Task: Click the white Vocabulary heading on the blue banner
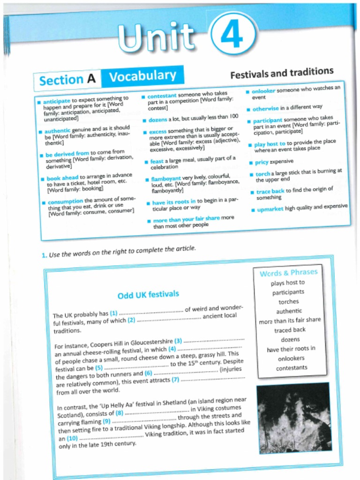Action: point(142,75)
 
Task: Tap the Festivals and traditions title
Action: point(282,73)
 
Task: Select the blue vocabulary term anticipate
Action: point(57,101)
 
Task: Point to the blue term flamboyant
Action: point(166,179)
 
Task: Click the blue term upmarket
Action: point(270,209)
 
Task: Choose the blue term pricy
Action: point(261,162)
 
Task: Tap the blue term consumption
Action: point(65,202)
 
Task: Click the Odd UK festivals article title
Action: point(148,295)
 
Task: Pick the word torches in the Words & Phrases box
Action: point(288,302)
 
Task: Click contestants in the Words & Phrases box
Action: point(292,368)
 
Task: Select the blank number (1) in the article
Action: point(113,313)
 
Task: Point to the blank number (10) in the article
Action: point(72,438)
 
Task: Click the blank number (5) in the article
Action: point(99,368)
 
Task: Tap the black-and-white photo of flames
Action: point(293,417)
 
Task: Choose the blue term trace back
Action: point(270,191)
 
